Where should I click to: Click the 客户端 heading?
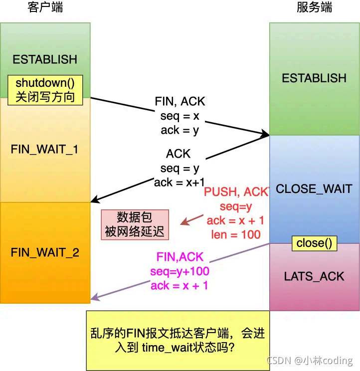pyautogui.click(x=45, y=8)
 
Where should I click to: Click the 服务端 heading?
pyautogui.click(x=314, y=8)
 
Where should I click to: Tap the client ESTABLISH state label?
pyautogui.click(x=45, y=59)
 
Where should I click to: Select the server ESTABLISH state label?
pyautogui.click(x=314, y=78)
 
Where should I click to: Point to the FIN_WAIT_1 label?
pyautogui.click(x=44, y=150)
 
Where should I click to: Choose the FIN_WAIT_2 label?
pyautogui.click(x=45, y=252)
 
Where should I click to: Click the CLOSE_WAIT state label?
pyautogui.click(x=314, y=189)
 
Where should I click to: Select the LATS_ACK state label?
pyautogui.click(x=314, y=276)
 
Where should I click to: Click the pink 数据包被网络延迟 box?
pyautogui.click(x=135, y=225)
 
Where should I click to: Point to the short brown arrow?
pyautogui.click(x=192, y=220)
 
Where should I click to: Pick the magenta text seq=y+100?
pyautogui.click(x=180, y=272)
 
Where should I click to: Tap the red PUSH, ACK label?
pyautogui.click(x=236, y=191)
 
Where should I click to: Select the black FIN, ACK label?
pyautogui.click(x=180, y=102)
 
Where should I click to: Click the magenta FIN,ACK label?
pyautogui.click(x=180, y=257)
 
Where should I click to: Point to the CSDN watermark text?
pyautogui.click(x=310, y=361)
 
